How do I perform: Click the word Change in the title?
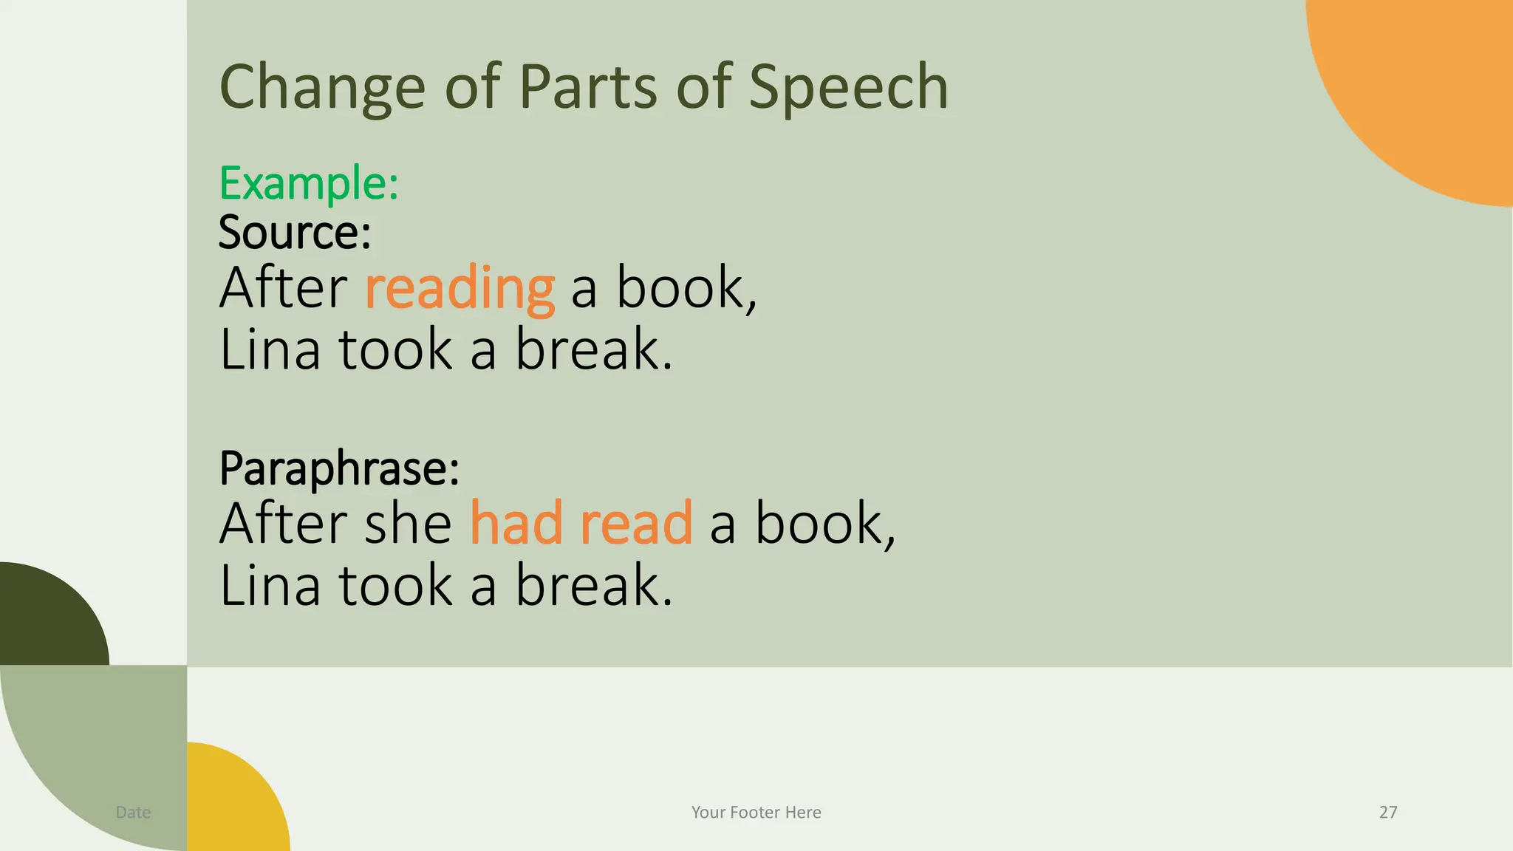tap(322, 87)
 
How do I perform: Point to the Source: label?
tap(295, 232)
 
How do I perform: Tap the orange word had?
tap(516, 523)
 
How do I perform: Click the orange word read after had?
tap(636, 523)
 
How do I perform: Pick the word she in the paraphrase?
tap(409, 523)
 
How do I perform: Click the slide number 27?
tap(1388, 812)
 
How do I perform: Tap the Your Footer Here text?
tap(756, 812)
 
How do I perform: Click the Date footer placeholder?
tap(133, 812)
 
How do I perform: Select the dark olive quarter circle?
tap(44, 621)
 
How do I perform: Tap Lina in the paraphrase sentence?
tap(270, 585)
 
